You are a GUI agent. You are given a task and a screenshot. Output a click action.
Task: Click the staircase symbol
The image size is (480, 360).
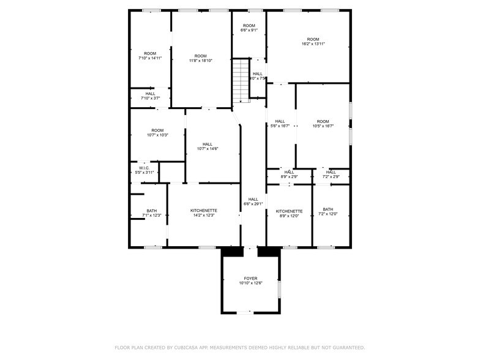(x=242, y=80)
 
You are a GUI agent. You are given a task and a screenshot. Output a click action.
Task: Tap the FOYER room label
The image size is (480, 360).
(x=250, y=278)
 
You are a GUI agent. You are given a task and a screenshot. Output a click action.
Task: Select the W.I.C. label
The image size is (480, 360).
(x=144, y=168)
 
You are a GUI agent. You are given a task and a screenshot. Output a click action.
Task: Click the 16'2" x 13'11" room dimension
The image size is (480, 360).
(x=313, y=44)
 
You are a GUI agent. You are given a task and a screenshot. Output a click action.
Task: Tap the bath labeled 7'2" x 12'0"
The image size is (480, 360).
(x=328, y=211)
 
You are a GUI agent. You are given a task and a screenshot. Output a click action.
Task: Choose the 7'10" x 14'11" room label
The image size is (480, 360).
(x=150, y=56)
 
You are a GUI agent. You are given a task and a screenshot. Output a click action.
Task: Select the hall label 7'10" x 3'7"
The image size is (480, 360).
(x=150, y=96)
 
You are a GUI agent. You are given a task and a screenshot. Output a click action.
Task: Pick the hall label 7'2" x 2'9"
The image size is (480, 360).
(x=331, y=174)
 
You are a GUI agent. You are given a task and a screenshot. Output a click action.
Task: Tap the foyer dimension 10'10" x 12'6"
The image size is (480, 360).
(x=250, y=283)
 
